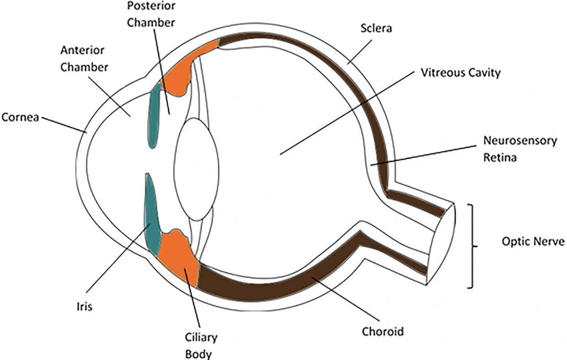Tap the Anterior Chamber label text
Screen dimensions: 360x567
[x=84, y=58]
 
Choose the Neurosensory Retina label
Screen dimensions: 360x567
[x=520, y=149]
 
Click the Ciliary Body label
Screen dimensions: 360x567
[x=201, y=346]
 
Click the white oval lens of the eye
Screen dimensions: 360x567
[x=196, y=168]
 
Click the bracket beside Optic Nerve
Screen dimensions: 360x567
[x=471, y=246]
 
